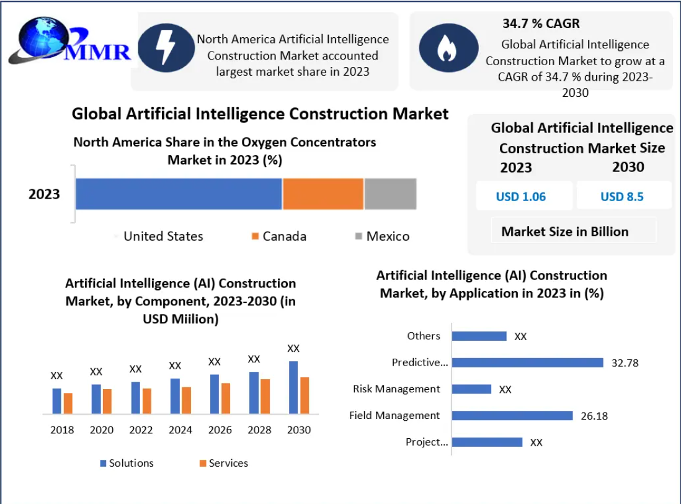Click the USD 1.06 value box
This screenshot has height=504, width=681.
[x=521, y=197]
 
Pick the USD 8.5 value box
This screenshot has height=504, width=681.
[x=622, y=197]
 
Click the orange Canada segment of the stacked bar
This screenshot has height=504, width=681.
[x=323, y=194]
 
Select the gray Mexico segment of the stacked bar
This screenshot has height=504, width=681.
[x=390, y=194]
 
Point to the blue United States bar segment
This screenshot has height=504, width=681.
[x=179, y=194]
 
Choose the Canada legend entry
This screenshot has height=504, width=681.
[x=278, y=236]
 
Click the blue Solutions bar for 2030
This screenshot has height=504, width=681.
[x=293, y=387]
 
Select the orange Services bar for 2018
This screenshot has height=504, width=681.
[x=68, y=403]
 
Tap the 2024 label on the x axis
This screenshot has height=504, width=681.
[x=180, y=430]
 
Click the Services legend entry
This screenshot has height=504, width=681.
[x=223, y=463]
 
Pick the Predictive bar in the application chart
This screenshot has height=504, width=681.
[x=527, y=362]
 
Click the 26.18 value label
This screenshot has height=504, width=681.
[x=594, y=416]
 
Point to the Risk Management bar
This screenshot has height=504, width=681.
[x=471, y=389]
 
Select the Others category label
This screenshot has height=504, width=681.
[x=424, y=336]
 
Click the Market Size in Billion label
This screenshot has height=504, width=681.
[x=565, y=232]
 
